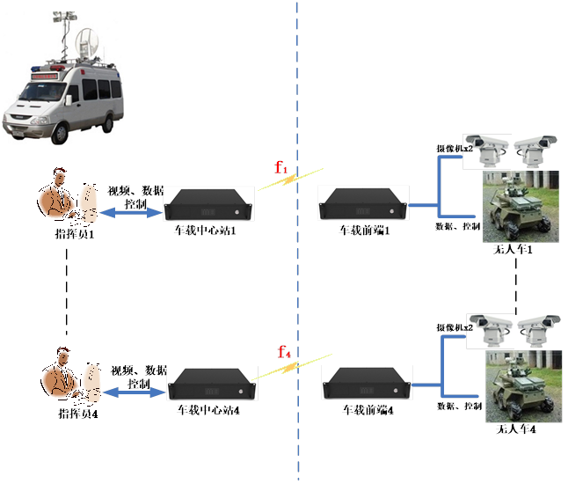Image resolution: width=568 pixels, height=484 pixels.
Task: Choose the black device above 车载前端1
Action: [361, 207]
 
